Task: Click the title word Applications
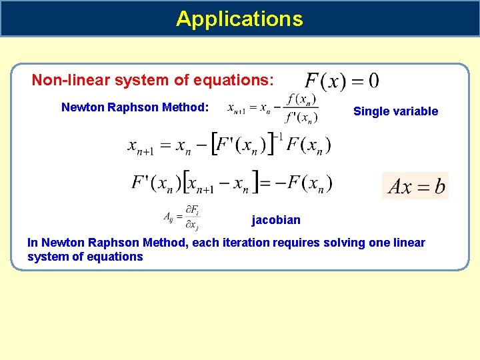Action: tap(239, 19)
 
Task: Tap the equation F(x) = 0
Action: tap(342, 81)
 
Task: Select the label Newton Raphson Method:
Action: tap(135, 107)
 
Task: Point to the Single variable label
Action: tap(395, 111)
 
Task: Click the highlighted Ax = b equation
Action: tap(415, 185)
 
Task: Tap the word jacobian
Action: tap(276, 220)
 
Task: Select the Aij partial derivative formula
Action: tap(182, 218)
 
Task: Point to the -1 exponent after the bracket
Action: tap(279, 137)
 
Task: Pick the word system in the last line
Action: tap(45, 257)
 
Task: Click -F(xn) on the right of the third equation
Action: tap(303, 182)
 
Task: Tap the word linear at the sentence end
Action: tap(409, 243)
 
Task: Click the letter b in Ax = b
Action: tap(439, 185)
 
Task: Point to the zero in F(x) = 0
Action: tap(373, 81)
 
